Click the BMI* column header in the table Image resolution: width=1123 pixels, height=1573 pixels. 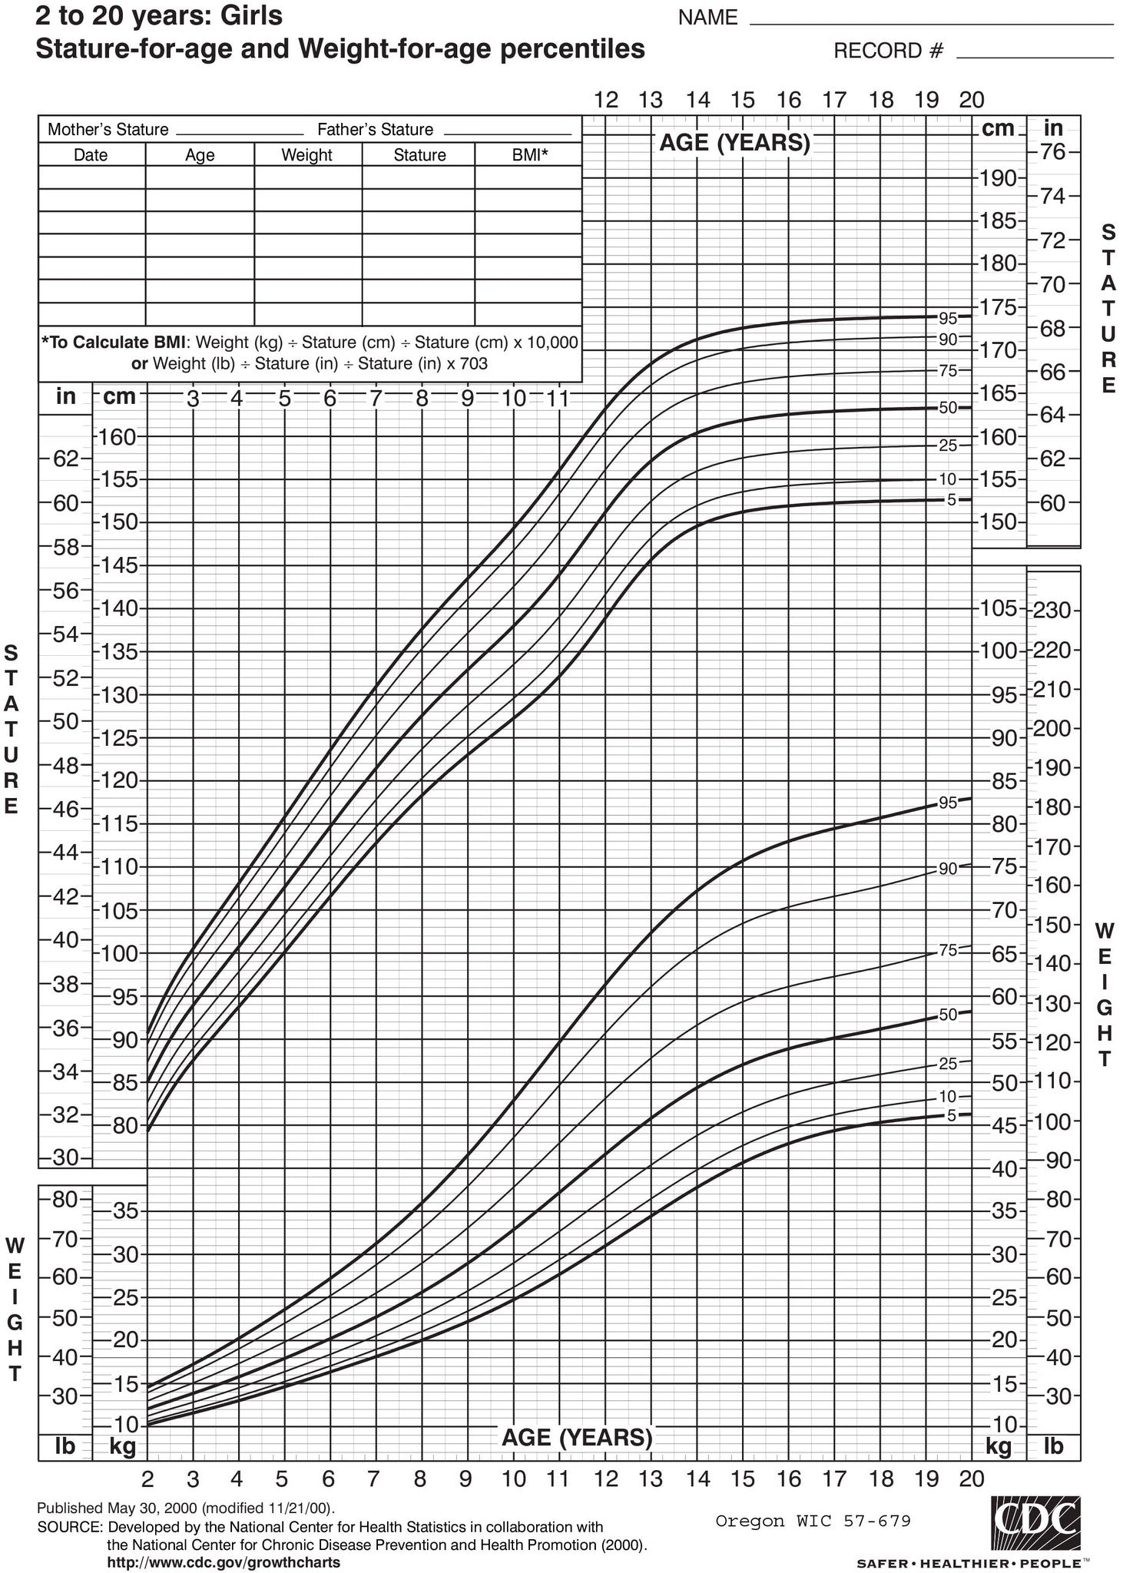tap(529, 155)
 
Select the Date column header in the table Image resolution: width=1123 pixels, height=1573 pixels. tap(91, 155)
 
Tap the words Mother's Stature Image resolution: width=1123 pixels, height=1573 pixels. tap(108, 130)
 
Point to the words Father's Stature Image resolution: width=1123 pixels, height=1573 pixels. tap(375, 130)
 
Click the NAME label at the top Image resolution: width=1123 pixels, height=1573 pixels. tap(707, 18)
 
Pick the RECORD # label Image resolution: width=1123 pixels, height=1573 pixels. tap(888, 51)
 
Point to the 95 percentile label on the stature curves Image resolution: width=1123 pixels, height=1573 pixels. tap(948, 317)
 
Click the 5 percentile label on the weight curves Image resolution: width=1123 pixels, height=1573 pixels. tap(951, 1116)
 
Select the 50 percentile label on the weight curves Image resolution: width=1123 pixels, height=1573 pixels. tap(948, 1015)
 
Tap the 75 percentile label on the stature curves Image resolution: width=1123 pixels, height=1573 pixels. tap(948, 371)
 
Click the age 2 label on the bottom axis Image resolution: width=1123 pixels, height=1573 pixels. tap(147, 1479)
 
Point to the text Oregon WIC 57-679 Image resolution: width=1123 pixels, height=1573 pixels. tap(813, 1521)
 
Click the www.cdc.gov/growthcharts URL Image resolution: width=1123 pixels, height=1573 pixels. tap(224, 1562)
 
